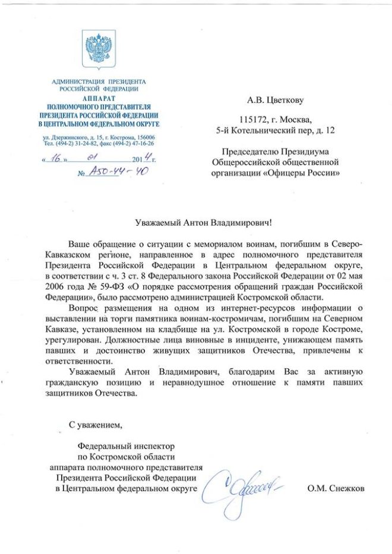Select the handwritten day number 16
click(57, 159)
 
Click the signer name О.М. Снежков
click(335, 489)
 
